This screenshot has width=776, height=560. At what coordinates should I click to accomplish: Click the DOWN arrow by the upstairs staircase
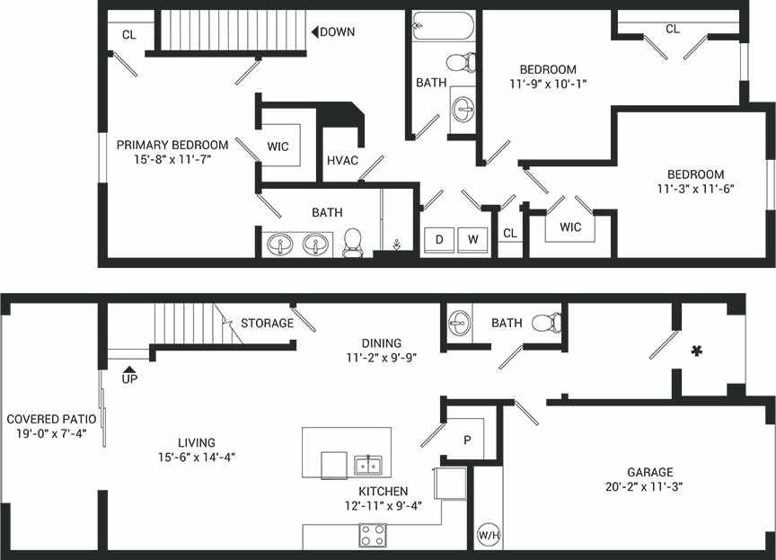coord(316,32)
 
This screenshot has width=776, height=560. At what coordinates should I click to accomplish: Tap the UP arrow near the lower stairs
coord(129,369)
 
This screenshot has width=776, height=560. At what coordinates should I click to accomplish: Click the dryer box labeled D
coord(439,240)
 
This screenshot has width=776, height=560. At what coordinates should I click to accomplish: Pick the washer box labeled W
coord(472,240)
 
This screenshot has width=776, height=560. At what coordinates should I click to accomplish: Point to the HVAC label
coord(342,161)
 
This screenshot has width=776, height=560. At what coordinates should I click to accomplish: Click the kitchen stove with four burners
coord(373,535)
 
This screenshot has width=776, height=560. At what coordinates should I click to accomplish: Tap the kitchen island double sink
coord(366,465)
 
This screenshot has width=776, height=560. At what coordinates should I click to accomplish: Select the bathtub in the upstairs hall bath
coord(444,27)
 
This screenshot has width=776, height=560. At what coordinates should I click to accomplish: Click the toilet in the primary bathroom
coord(352,241)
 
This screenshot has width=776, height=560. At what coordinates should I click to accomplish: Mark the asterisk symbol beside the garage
coord(695,352)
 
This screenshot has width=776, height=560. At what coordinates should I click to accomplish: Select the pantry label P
coord(467,440)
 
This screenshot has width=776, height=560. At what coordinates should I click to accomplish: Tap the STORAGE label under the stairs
coord(267,323)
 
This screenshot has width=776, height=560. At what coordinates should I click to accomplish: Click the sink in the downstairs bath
coord(460,323)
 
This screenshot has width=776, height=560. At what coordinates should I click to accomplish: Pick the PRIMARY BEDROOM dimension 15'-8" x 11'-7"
coord(172,160)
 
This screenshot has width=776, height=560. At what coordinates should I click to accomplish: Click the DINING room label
coord(381,342)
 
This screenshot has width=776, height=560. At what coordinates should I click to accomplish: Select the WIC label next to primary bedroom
coord(278,147)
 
